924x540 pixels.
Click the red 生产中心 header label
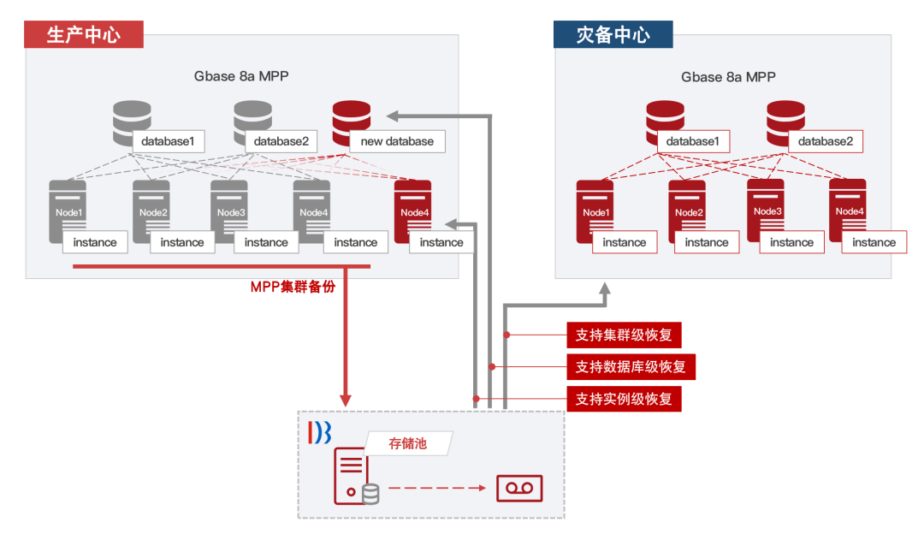83,34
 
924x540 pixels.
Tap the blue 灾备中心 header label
613,34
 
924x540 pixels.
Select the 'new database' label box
397,141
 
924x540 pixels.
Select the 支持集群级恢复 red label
624,335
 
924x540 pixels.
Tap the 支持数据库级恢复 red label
631,367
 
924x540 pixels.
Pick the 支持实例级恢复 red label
624,399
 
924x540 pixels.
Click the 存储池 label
408,443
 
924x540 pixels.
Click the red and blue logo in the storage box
319,432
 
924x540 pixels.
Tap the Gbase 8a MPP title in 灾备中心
728,77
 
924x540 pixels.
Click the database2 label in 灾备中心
825,141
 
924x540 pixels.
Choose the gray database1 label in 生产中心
168,141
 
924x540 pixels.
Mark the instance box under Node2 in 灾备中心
707,242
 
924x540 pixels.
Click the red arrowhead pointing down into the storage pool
346,399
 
